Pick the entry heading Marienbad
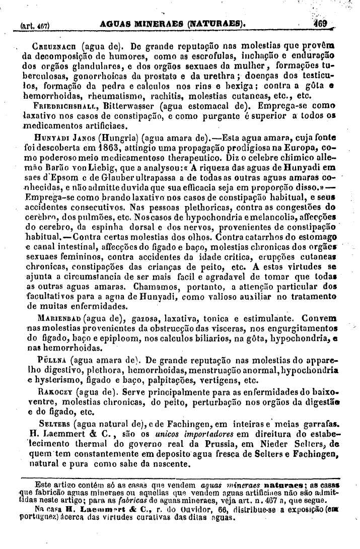tap(59, 318)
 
